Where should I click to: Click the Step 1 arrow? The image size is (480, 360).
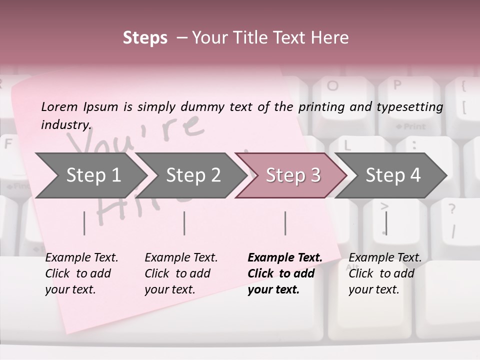(92, 175)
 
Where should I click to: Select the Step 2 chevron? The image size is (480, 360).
(192, 175)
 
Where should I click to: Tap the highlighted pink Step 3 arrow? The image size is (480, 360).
(292, 175)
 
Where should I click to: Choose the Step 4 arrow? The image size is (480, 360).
(392, 175)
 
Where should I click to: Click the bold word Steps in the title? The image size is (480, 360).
(145, 37)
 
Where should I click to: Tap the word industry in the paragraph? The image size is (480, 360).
(65, 124)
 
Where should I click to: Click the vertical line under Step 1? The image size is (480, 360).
(84, 223)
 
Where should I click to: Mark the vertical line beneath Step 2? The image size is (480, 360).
(184, 223)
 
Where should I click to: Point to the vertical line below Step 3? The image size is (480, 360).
(285, 223)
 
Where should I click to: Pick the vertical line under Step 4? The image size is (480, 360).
(386, 223)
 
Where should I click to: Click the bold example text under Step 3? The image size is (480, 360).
(284, 273)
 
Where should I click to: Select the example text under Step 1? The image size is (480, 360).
(81, 273)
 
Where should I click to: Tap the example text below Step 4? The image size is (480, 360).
(384, 273)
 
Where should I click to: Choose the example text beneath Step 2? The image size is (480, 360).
(181, 273)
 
